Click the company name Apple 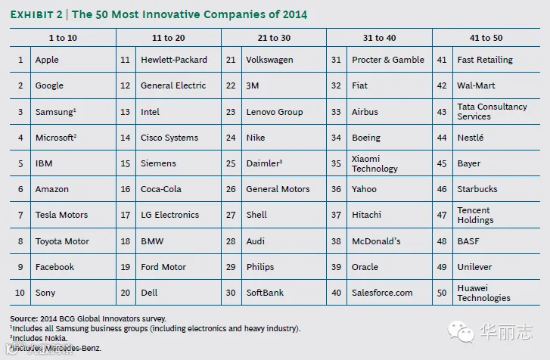point(47,60)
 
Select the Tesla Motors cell point(61,215)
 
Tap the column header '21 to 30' point(274,38)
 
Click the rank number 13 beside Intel point(126,112)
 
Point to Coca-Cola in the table point(161,189)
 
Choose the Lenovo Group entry point(275,112)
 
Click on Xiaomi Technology point(374,163)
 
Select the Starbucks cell point(477,189)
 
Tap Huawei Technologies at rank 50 point(483,293)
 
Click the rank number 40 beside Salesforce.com point(336,293)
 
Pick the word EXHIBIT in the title point(32,14)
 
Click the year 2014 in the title point(294,14)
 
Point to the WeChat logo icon point(461,331)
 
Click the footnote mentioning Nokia point(39,339)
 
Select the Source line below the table point(88,319)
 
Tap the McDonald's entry point(376,241)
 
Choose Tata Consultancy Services point(492,112)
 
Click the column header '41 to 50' point(486,38)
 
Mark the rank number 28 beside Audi point(231,241)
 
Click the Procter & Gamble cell point(388,60)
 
